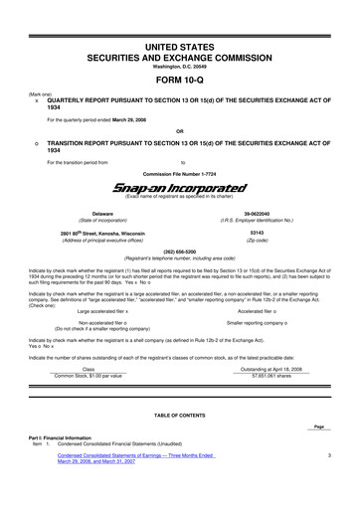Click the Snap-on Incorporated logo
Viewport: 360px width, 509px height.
(179, 188)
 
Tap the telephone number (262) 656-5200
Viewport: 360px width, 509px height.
(180, 252)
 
